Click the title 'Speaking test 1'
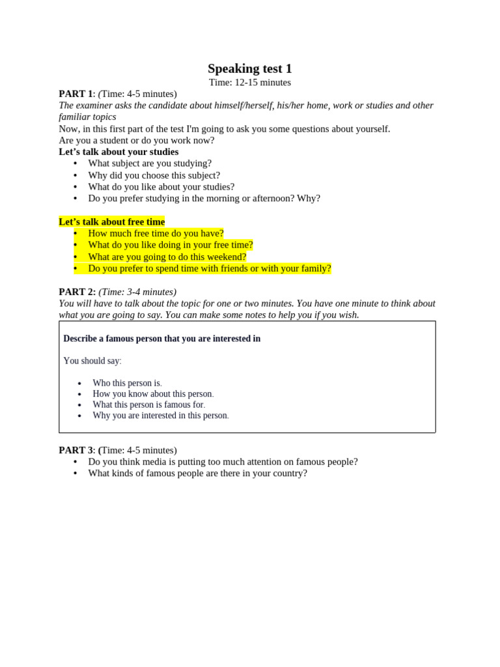[x=249, y=68]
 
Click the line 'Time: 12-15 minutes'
[x=249, y=83]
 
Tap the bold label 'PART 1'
[x=76, y=94]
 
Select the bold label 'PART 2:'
[x=77, y=292]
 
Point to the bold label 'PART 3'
[x=76, y=450]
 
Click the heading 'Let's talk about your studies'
[x=118, y=152]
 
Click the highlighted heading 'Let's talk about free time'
[x=111, y=221]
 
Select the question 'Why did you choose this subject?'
[x=154, y=175]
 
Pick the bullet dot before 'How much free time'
[x=76, y=233]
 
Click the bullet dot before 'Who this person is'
[x=79, y=384]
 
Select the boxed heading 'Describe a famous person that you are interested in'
[x=161, y=339]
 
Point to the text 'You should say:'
[x=92, y=361]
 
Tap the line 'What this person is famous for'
[x=148, y=404]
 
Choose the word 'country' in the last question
[x=285, y=474]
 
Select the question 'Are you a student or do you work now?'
[x=136, y=140]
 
